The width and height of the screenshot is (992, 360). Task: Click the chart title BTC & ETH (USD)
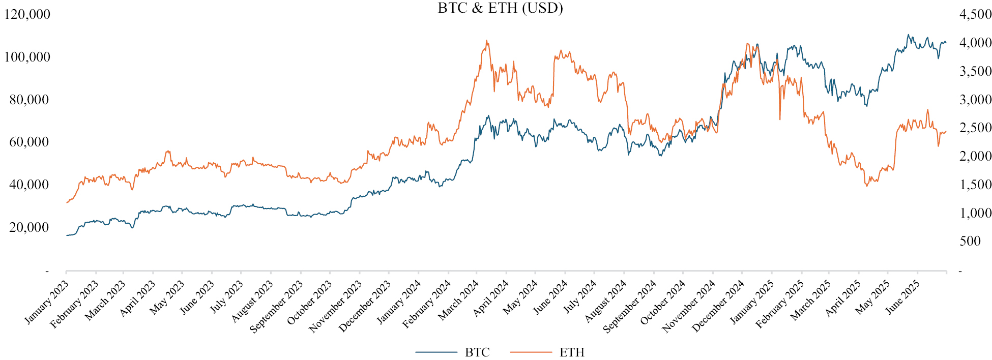pos(500,8)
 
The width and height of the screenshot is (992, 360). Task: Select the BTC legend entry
pos(477,352)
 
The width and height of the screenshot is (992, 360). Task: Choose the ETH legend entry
pos(572,352)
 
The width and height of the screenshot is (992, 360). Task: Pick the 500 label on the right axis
pos(970,241)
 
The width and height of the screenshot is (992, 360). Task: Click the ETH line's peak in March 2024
pos(487,41)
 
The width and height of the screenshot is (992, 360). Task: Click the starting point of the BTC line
pos(66,235)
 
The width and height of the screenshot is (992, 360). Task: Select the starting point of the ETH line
pos(66,203)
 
